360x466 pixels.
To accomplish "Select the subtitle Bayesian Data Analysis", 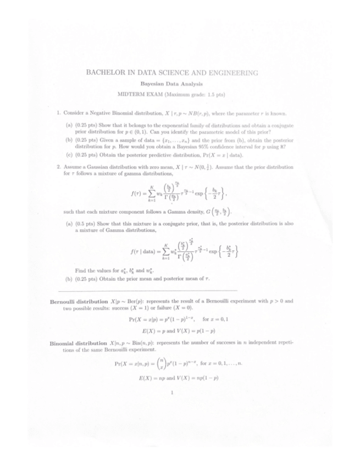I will (172, 84).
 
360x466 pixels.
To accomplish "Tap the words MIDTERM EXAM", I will (147, 95).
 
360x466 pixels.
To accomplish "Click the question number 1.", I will (58, 114).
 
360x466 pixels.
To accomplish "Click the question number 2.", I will (58, 167).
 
